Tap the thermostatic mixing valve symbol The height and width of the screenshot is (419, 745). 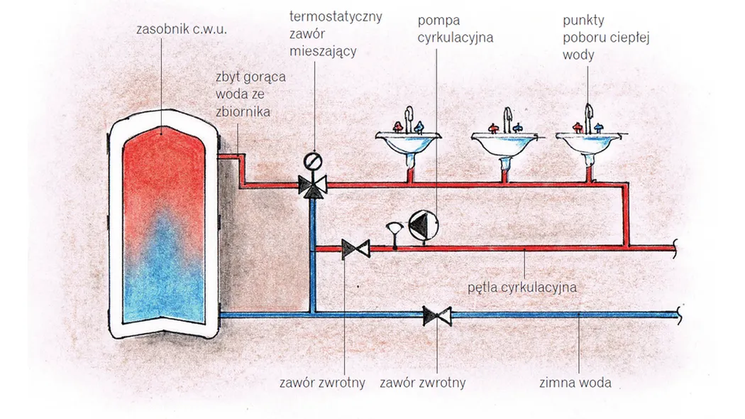click(312, 185)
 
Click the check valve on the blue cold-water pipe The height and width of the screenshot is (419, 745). click(437, 315)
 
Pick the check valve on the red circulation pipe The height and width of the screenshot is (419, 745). click(355, 249)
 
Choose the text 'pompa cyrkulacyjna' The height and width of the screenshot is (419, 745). click(455, 28)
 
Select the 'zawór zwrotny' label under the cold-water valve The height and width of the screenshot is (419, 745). click(422, 383)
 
